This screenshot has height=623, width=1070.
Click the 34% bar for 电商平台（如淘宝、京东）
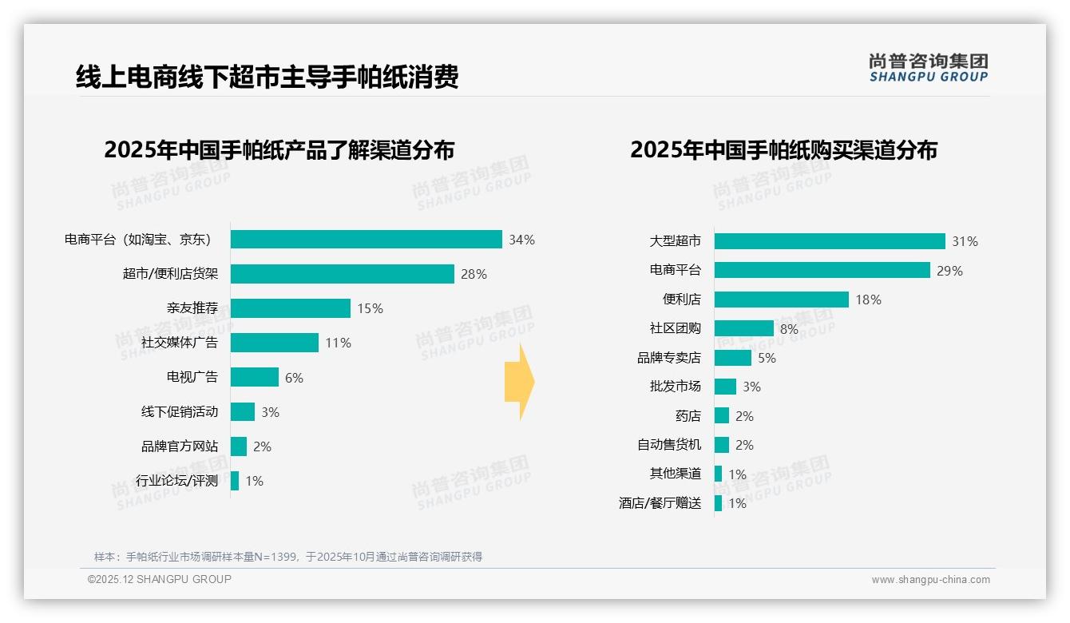[366, 240]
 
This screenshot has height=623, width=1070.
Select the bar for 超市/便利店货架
[342, 274]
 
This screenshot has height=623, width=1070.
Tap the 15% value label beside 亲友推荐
[370, 308]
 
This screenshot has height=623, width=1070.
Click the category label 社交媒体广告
[180, 343]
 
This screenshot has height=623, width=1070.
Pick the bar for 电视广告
[254, 377]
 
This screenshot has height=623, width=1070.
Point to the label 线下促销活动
[180, 412]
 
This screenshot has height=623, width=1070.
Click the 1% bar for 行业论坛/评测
[235, 481]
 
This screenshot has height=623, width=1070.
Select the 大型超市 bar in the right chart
[829, 241]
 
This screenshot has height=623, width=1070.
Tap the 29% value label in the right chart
[950, 271]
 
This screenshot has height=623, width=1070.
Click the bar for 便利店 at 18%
[781, 300]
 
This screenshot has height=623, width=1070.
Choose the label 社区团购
[675, 328]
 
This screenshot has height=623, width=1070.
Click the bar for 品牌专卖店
[732, 358]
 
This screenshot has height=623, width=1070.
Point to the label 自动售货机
[668, 445]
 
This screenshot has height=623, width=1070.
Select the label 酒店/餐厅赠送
[660, 503]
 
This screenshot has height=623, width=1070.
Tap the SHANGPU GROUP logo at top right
[928, 68]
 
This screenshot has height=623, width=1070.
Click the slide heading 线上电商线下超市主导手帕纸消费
[267, 77]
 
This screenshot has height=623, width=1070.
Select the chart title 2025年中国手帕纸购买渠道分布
[783, 150]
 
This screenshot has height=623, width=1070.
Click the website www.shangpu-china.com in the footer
[930, 580]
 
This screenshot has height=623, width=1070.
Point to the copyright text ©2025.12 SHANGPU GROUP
[160, 579]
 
